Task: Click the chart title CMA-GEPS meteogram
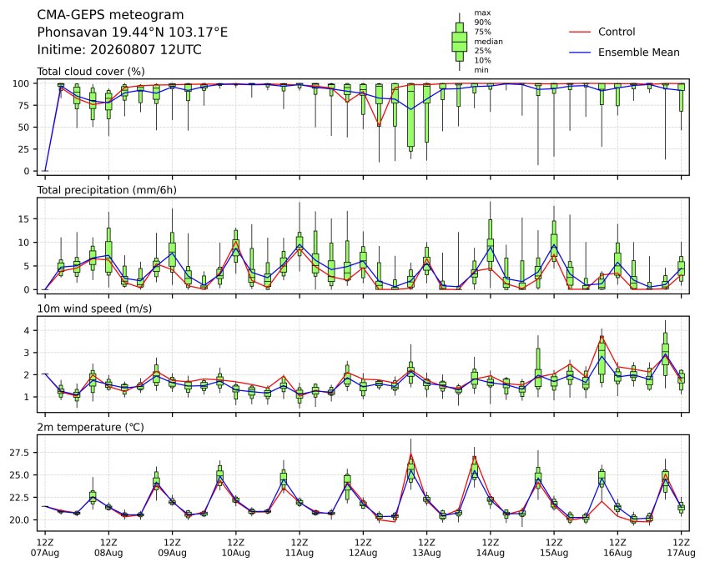[x=110, y=15]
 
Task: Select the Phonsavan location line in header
[x=132, y=33]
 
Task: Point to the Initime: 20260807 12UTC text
[x=119, y=49]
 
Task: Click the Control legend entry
[x=602, y=32]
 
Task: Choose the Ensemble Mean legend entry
[x=625, y=53]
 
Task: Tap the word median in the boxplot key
[x=488, y=42]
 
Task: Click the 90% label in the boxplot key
[x=482, y=23]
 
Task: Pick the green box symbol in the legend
[x=459, y=42]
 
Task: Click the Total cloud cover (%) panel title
[x=91, y=72]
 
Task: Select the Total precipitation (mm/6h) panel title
[x=107, y=190]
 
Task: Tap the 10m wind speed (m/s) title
[x=94, y=309]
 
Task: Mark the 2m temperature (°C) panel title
[x=90, y=427]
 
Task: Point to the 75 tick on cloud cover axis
[x=24, y=106]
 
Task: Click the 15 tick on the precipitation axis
[x=24, y=219]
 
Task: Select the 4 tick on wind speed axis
[x=27, y=331]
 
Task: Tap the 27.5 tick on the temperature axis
[x=20, y=453]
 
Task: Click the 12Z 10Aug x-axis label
[x=235, y=548]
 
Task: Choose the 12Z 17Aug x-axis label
[x=681, y=548]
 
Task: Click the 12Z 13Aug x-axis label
[x=426, y=548]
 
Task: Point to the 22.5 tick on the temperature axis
[x=20, y=497]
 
